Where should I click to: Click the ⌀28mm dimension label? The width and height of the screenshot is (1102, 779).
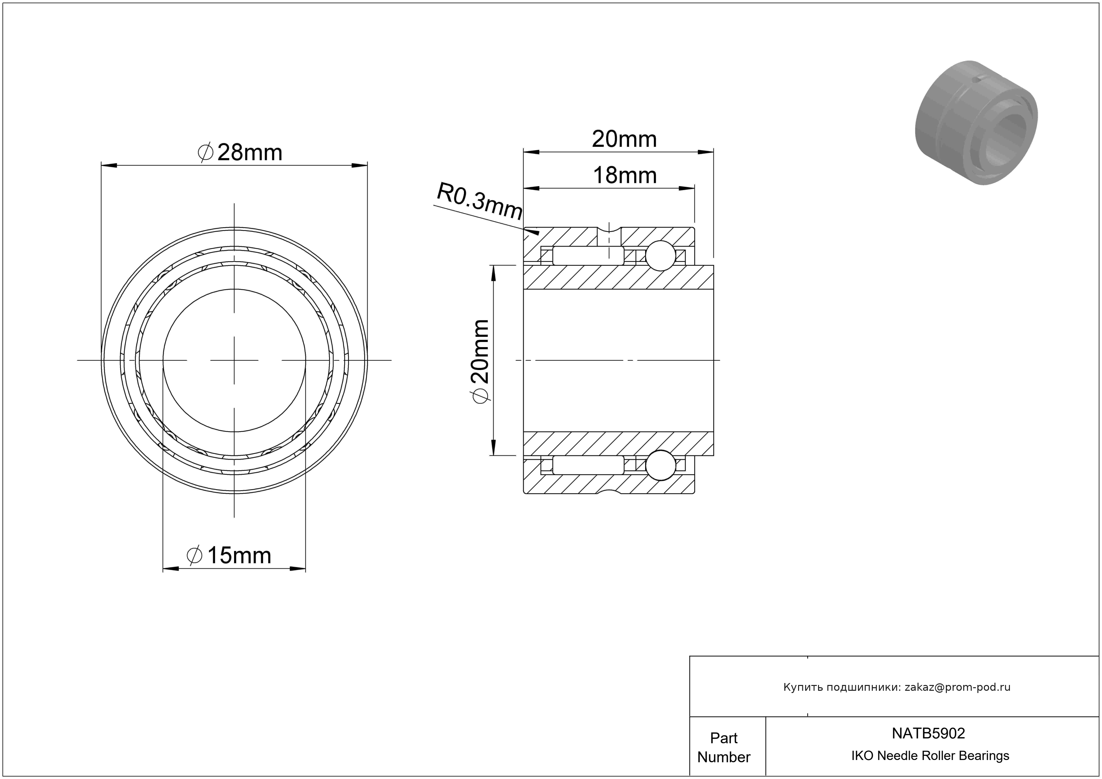tap(240, 153)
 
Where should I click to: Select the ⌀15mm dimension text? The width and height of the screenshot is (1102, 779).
tap(229, 555)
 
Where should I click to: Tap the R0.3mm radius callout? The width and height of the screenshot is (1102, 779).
tap(479, 201)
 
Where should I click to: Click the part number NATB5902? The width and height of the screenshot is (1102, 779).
tap(928, 733)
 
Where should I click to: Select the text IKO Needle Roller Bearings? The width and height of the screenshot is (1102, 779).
tap(930, 755)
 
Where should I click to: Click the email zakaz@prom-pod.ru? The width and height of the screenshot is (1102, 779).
tap(957, 687)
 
